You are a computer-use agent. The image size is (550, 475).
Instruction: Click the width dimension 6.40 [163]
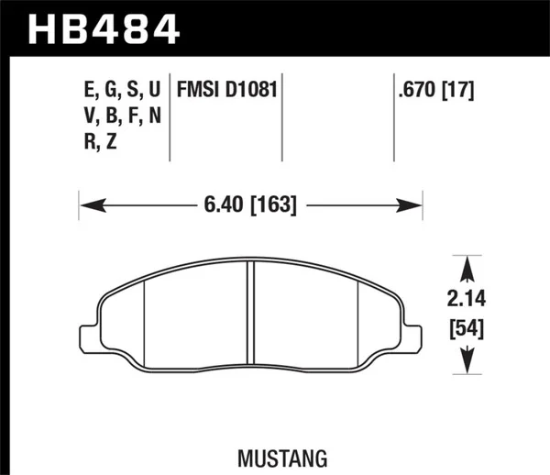[250, 205]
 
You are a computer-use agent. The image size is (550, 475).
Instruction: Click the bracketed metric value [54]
[467, 327]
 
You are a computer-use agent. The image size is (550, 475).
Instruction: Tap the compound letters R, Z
[99, 142]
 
